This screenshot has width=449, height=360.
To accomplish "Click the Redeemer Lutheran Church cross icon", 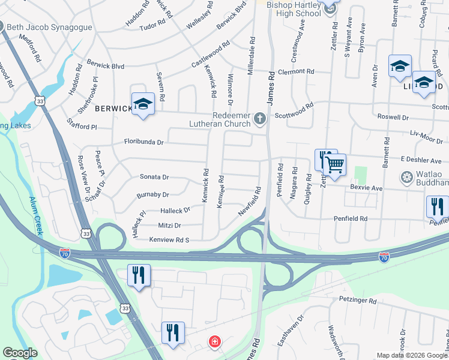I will (260, 118).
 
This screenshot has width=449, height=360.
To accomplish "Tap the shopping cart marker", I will (335, 164).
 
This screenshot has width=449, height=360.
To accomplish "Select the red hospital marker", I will (214, 342).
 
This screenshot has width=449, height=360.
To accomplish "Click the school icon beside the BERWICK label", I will (143, 105).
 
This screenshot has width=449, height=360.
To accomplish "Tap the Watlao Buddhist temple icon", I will (407, 178).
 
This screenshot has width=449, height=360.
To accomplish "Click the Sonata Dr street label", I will (154, 177).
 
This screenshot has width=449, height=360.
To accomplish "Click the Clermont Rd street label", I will (296, 71).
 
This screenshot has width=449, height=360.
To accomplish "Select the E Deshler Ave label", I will (421, 160).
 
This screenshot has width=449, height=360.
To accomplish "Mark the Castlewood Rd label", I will (211, 53).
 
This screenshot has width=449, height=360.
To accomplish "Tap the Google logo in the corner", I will (20, 353).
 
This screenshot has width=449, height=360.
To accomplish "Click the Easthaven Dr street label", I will (286, 329).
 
